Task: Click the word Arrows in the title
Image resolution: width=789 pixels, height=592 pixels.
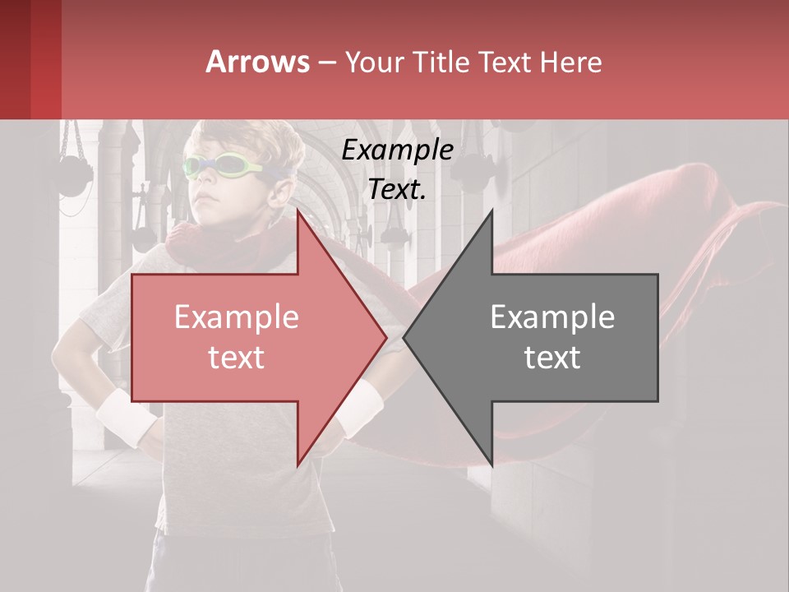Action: (x=258, y=62)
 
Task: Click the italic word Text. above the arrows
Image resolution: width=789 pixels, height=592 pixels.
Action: (x=397, y=189)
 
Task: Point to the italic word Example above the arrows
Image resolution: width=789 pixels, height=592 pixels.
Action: (x=397, y=150)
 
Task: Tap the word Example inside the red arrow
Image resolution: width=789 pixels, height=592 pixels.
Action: (x=236, y=317)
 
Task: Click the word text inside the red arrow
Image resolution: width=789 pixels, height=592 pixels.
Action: (x=236, y=357)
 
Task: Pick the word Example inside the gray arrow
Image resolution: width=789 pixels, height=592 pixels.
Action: (x=552, y=317)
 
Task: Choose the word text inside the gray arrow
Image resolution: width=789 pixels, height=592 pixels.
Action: (x=552, y=357)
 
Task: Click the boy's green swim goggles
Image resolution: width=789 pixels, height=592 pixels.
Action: (x=222, y=168)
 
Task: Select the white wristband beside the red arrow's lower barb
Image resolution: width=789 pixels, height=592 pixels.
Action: (x=359, y=409)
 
